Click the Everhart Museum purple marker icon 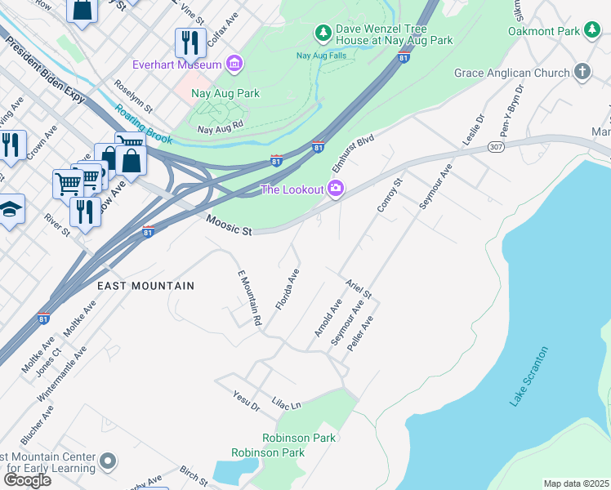235,64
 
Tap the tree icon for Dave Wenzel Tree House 323,33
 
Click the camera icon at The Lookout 336,189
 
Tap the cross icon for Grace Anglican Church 582,73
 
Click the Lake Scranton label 529,376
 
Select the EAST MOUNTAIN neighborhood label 145,286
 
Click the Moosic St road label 229,226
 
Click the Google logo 26,479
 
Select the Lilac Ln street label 286,403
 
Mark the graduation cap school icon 10,210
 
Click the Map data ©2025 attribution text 576,483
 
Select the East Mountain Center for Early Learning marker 107,464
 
